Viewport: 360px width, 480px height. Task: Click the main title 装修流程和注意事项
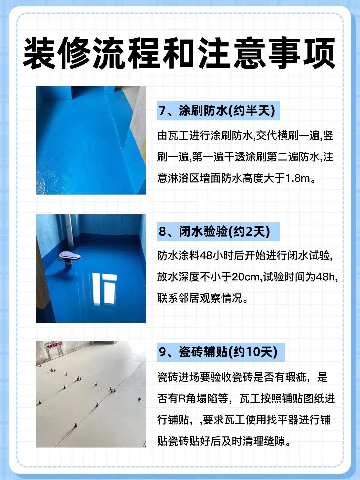tap(179, 53)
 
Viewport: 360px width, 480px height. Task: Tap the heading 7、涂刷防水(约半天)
tap(217, 111)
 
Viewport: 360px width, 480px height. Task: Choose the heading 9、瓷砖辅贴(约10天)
tap(218, 352)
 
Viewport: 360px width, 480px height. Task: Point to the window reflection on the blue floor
tap(104, 289)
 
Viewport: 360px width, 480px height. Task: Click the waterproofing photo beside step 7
tap(91, 140)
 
